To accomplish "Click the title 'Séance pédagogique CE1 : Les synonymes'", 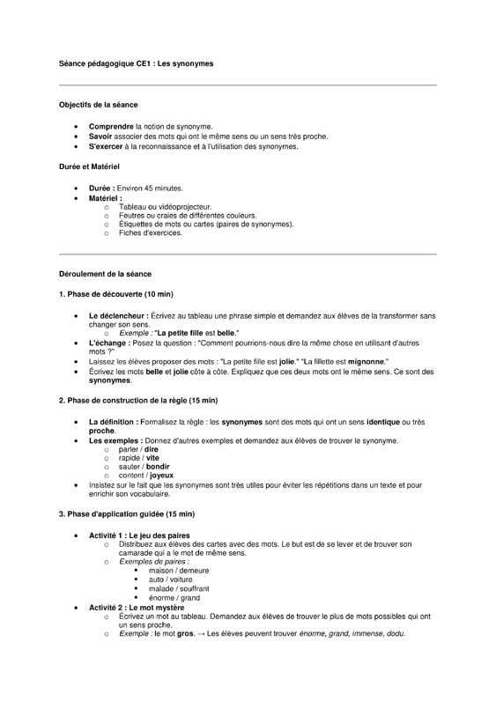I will pyautogui.click(x=136, y=63).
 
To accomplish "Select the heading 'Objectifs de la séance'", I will pyautogui.click(x=98, y=105).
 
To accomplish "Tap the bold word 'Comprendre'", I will pyautogui.click(x=112, y=127).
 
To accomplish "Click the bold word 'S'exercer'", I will pyautogui.click(x=107, y=146).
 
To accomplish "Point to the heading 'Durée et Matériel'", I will pyautogui.click(x=89, y=166).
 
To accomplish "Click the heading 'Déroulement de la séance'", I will pyautogui.click(x=105, y=274).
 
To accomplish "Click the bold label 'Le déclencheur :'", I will pyautogui.click(x=118, y=315).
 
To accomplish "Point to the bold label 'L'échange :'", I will pyautogui.click(x=109, y=343).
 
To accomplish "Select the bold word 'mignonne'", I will pyautogui.click(x=364, y=361).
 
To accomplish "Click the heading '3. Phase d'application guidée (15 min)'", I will pyautogui.click(x=127, y=513).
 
